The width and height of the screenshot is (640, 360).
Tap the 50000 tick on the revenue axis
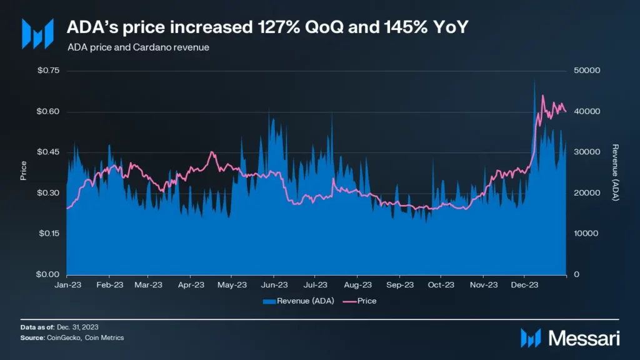pos(587,71)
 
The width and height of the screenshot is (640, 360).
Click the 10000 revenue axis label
pos(587,234)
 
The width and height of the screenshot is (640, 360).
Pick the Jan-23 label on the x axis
pos(67,285)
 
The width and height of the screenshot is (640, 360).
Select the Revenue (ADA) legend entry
pos(299,301)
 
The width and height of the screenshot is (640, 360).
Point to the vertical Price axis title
pos(24,171)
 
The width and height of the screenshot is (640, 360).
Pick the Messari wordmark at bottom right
pos(584,339)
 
